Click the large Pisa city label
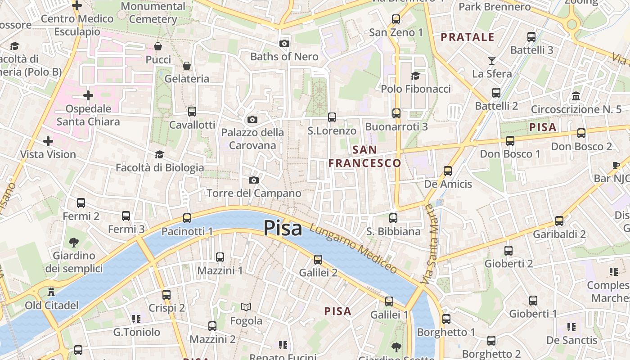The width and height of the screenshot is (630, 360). [283, 228]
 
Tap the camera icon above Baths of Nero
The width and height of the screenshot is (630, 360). [284, 43]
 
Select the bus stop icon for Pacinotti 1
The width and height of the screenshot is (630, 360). [187, 218]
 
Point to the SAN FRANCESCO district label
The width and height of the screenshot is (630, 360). [364, 156]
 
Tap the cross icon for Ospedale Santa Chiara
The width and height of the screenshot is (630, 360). [88, 95]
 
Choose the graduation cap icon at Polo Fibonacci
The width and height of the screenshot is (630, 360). [415, 76]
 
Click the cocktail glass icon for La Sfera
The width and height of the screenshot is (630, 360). [491, 60]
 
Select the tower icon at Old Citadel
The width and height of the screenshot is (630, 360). [51, 291]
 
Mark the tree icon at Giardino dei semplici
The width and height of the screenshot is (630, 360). [74, 243]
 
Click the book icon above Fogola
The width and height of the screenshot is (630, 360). [246, 307]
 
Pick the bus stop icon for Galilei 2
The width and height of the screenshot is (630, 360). [318, 259]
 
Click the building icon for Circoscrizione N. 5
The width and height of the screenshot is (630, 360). [576, 96]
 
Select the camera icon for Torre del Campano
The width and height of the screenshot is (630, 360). [254, 180]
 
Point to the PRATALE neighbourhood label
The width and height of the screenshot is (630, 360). [468, 37]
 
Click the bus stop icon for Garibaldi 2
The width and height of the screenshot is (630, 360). [559, 220]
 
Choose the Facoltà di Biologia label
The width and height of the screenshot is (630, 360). [160, 168]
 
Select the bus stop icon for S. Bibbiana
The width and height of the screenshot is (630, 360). [393, 218]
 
